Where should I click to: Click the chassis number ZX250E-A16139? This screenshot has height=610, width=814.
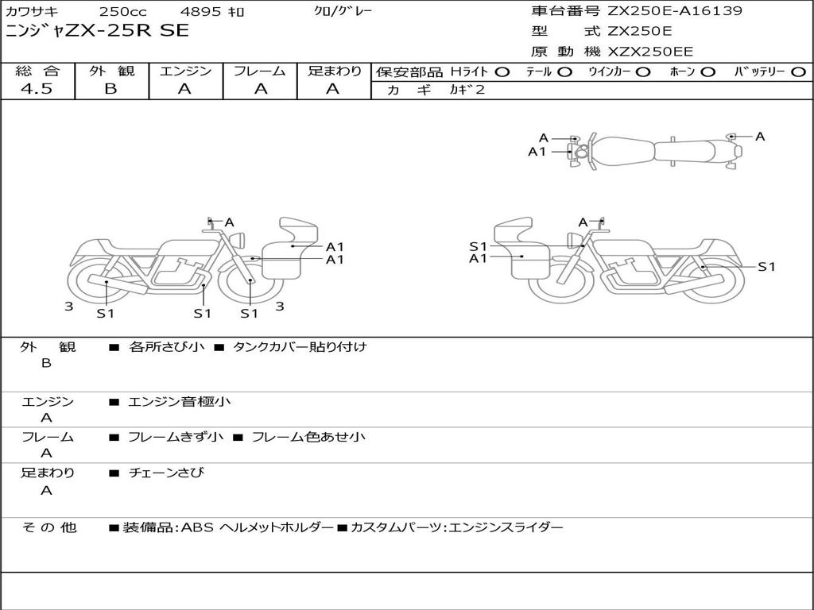click(675, 10)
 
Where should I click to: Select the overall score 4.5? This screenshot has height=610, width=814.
click(37, 89)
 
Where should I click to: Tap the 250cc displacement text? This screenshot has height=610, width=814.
click(122, 11)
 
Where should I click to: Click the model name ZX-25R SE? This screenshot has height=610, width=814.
click(126, 31)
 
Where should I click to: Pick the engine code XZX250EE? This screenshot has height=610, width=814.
click(650, 52)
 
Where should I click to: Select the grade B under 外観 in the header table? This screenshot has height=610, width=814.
click(111, 89)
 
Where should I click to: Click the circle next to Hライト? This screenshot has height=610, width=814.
click(502, 72)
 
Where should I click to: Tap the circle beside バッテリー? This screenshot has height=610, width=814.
click(798, 72)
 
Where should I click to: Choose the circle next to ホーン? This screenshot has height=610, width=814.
click(707, 72)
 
